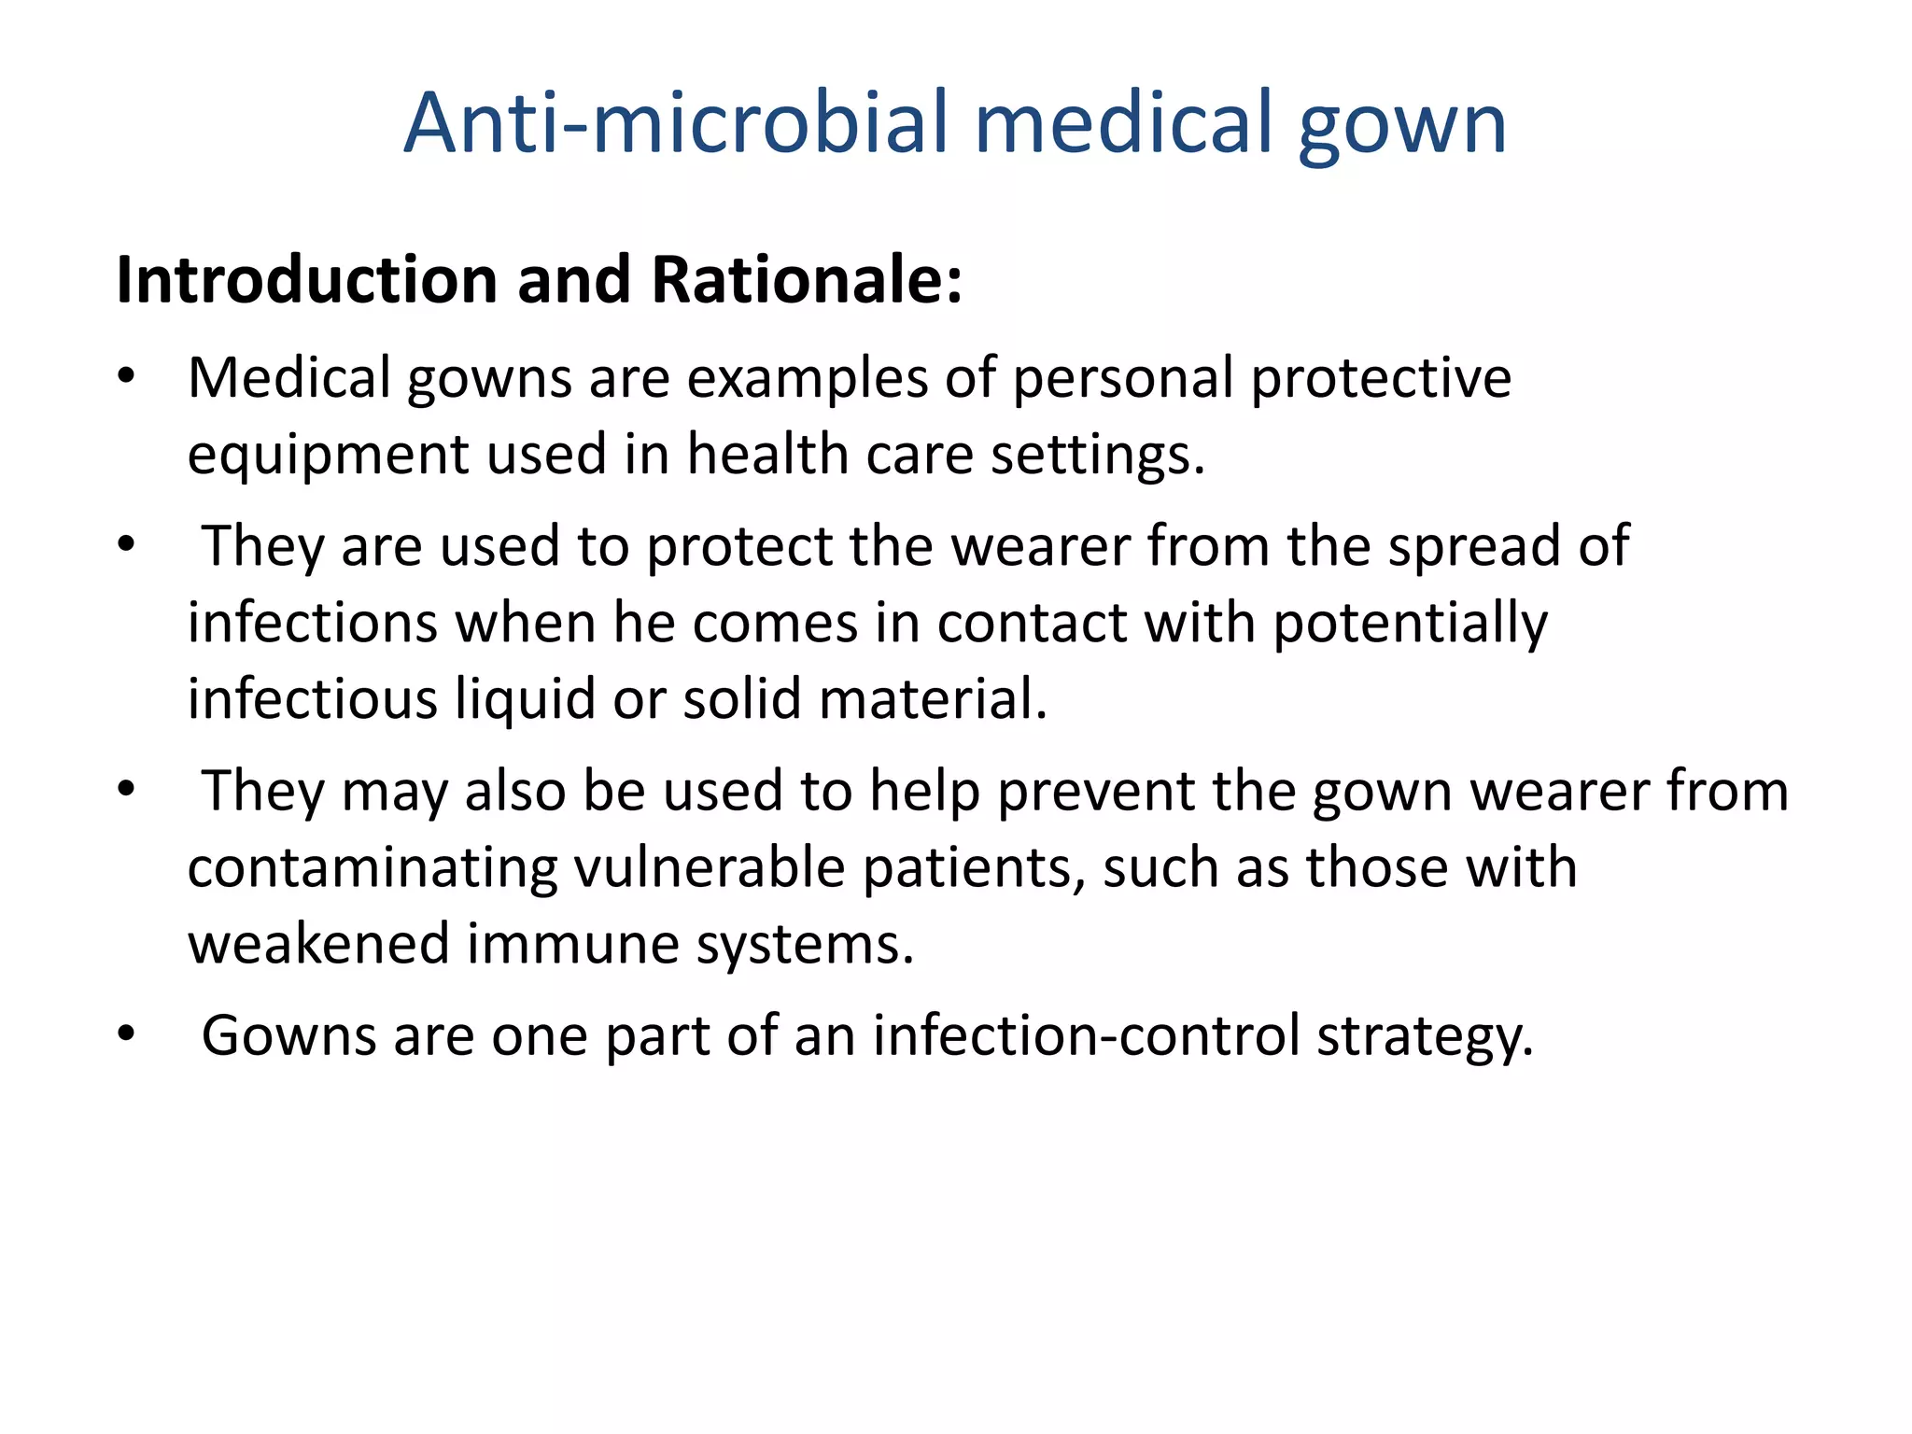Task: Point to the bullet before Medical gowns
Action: (x=127, y=378)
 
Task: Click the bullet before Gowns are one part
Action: (x=127, y=1035)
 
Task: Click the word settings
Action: (x=1097, y=457)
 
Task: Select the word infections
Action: (x=313, y=623)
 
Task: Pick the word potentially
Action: (x=1410, y=625)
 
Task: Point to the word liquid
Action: (x=525, y=700)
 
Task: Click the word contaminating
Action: (x=373, y=869)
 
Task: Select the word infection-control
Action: (x=1086, y=1035)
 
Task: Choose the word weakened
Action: (x=318, y=944)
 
